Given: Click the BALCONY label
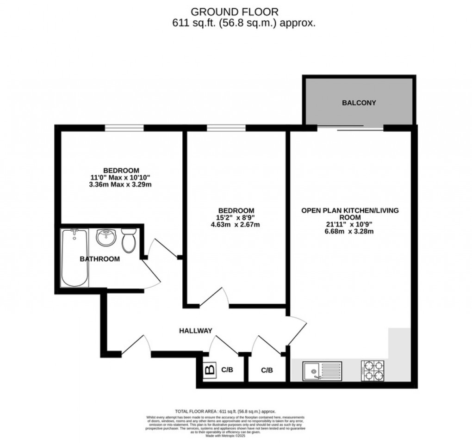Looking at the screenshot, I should click(x=359, y=103).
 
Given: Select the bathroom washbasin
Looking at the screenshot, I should click(x=106, y=238).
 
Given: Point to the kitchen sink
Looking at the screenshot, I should click(x=322, y=370).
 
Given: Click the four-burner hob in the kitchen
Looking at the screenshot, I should click(x=373, y=370).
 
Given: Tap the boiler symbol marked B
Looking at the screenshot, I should click(x=210, y=370).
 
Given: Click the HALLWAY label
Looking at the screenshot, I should click(x=196, y=330).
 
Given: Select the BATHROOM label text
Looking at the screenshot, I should click(x=100, y=259).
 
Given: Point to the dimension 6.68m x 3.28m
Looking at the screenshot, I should click(x=350, y=231).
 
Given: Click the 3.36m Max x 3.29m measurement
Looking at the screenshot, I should click(x=121, y=184).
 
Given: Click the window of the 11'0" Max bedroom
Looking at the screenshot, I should click(x=124, y=128).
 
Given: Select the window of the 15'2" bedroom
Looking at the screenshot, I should click(x=226, y=128).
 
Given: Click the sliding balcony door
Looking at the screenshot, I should click(x=350, y=128).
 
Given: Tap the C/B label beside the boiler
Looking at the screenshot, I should click(x=227, y=370).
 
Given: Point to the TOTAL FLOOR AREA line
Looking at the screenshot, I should click(x=225, y=411).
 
